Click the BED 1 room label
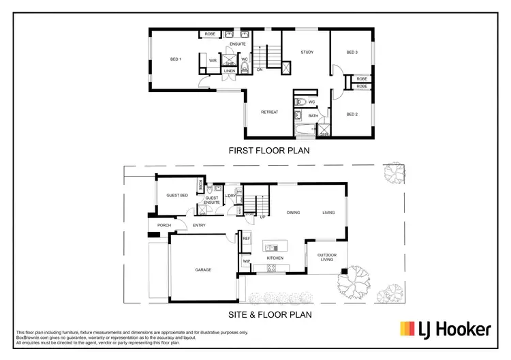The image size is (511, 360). (x=175, y=60)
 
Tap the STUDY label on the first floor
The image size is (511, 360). (x=307, y=52)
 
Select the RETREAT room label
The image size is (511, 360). (x=270, y=112)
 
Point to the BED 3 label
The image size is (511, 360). (x=352, y=52)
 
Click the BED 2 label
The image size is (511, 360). (x=352, y=113)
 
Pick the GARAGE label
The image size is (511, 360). (x=203, y=270)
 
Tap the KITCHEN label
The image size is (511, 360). (x=275, y=258)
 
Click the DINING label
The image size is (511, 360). (x=293, y=213)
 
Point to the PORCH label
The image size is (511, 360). (x=164, y=226)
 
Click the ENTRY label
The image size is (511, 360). (x=199, y=226)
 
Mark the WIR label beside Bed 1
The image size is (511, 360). (x=213, y=61)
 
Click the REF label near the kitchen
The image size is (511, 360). (x=246, y=239)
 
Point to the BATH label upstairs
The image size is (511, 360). (x=313, y=116)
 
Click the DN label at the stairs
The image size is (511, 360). (x=260, y=70)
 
